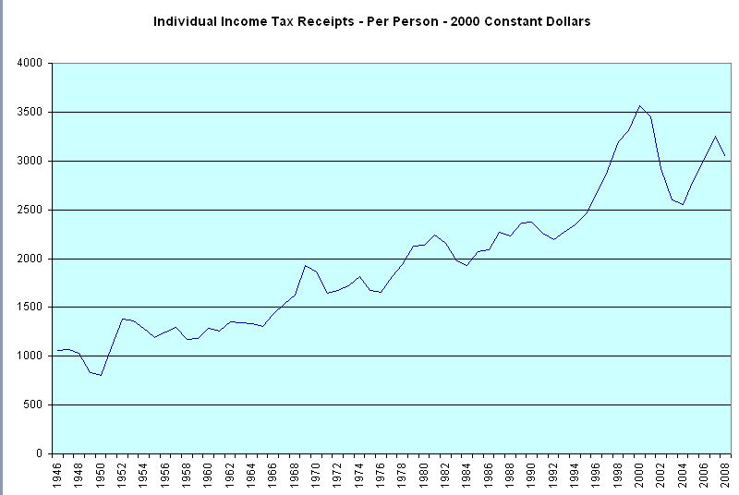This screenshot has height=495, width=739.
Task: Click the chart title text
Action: tap(371, 20)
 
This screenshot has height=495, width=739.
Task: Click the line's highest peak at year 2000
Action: tap(640, 105)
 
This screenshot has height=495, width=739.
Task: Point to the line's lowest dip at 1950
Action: tap(101, 375)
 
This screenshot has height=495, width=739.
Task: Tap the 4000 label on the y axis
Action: tap(30, 64)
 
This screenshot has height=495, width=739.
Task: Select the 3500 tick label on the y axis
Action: tap(30, 113)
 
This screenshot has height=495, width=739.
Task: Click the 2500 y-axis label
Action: tap(30, 210)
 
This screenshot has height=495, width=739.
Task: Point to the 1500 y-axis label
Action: tap(30, 308)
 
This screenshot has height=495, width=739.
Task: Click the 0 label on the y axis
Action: tap(41, 454)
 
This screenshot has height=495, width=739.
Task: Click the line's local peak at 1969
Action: tap(306, 266)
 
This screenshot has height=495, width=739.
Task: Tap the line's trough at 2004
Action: tap(684, 204)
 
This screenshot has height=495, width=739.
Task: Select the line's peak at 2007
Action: tap(716, 137)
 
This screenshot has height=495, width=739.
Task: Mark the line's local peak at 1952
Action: tap(123, 319)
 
